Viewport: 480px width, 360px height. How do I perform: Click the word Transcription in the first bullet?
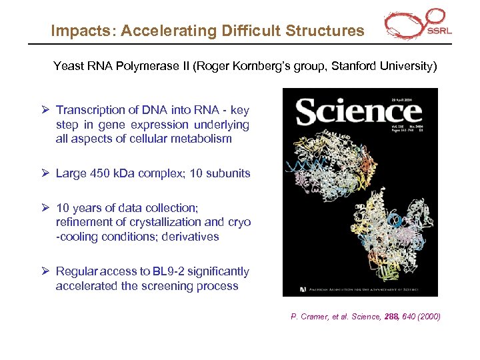coord(91,110)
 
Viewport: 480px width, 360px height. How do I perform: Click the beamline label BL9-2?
coord(171,271)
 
